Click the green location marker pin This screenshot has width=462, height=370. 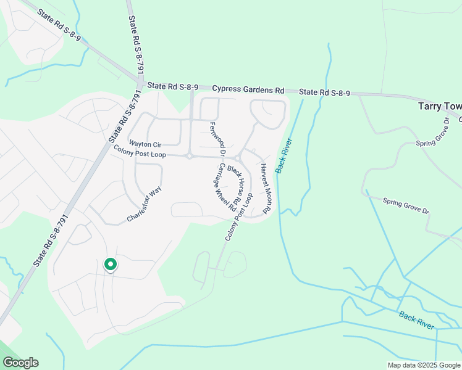(111, 265)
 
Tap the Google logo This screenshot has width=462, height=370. (20, 362)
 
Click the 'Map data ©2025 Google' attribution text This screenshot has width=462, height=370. (423, 364)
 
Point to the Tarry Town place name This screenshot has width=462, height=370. (439, 106)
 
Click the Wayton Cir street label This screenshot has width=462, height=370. (145, 144)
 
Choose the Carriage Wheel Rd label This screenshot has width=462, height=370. (225, 189)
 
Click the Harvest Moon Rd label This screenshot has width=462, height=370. (266, 189)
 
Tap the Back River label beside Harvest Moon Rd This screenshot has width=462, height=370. (283, 155)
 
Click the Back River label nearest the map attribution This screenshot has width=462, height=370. (416, 319)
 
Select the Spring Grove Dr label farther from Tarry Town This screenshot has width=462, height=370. (406, 205)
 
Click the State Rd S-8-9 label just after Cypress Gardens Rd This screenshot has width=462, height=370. (325, 92)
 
